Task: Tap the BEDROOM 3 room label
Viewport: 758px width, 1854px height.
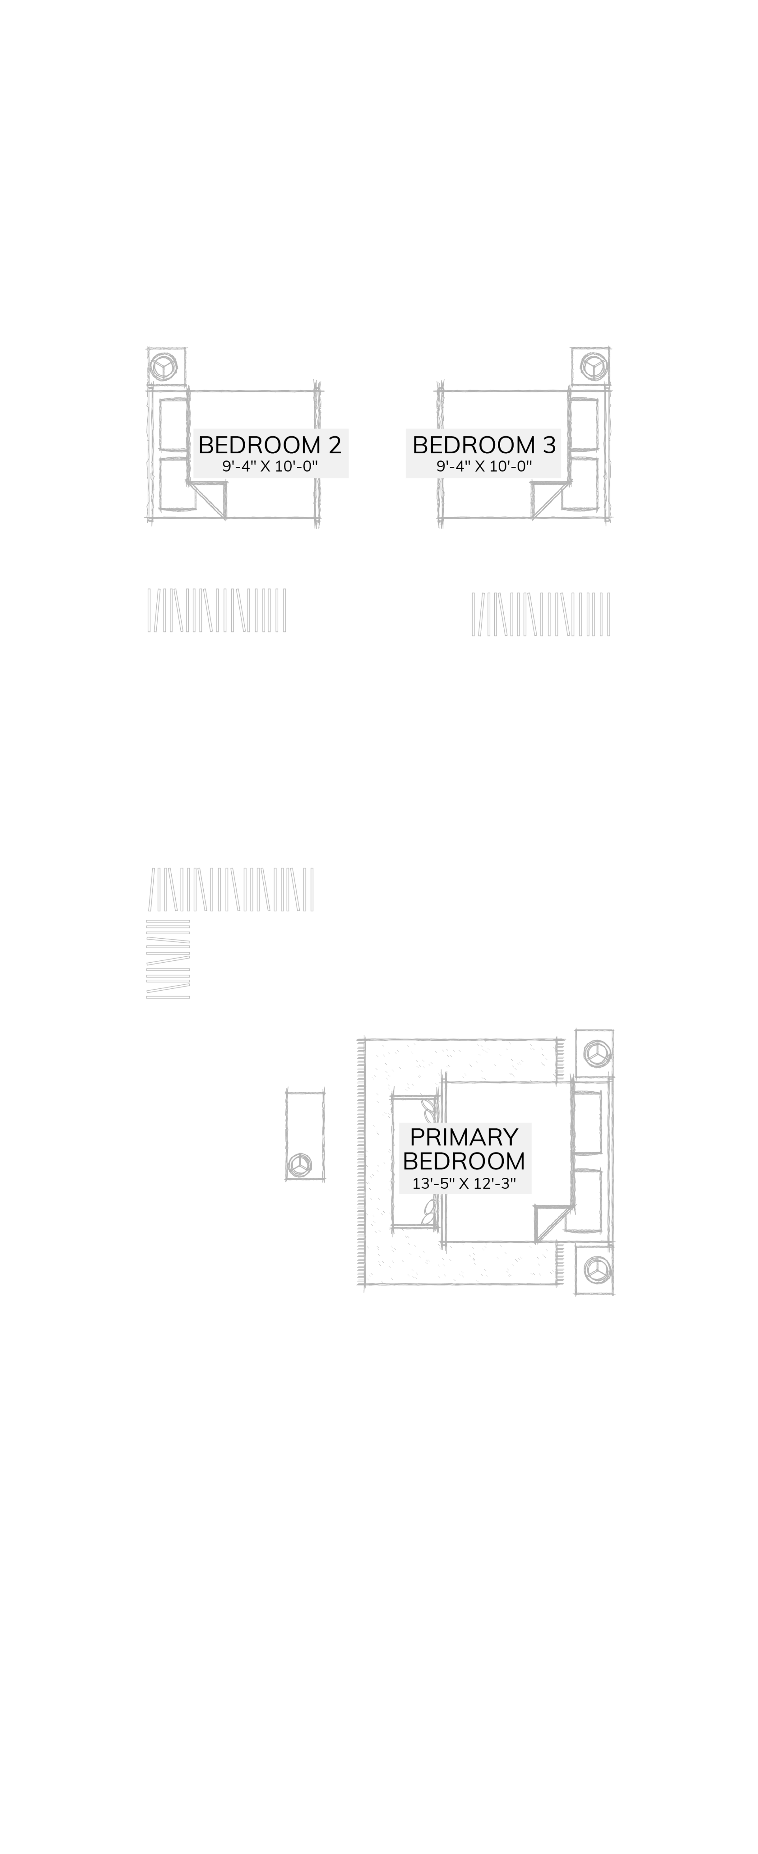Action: pos(484,445)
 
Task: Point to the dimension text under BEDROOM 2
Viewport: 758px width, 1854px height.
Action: pos(270,466)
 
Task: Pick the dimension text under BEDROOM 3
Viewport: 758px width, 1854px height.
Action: pos(484,466)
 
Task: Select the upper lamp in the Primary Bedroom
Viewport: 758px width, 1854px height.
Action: pos(597,1054)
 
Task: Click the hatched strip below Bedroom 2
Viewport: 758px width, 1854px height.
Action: pos(217,610)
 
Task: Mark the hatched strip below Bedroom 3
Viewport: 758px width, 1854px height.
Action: pos(540,614)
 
